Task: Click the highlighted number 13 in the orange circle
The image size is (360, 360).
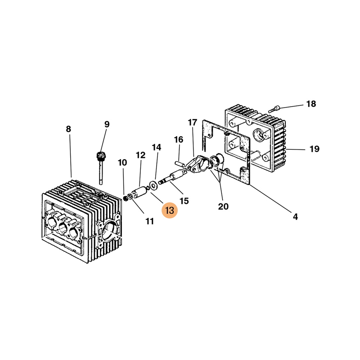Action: [x=171, y=211]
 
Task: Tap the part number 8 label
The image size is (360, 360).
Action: [x=68, y=129]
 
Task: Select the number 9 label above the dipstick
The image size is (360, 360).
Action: [x=107, y=124]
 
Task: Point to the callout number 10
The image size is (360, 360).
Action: [x=122, y=162]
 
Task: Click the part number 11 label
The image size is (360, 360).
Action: [x=149, y=221]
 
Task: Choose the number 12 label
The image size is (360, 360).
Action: [x=141, y=155]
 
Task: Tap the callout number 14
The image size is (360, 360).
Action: [x=156, y=147]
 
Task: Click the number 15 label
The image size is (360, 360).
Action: [x=184, y=201]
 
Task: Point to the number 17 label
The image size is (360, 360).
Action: [x=193, y=122]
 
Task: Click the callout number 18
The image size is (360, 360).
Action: [x=311, y=104]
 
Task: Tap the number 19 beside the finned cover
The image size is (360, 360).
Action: [x=314, y=149]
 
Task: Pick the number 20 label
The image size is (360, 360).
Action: [x=223, y=207]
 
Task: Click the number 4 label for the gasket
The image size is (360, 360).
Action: [x=295, y=217]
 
